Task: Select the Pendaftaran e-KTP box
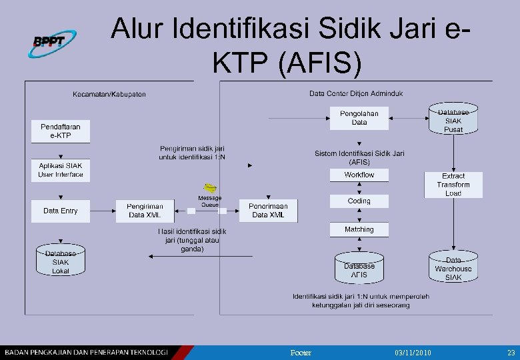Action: [60, 131]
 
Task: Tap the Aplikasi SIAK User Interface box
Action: [60, 170]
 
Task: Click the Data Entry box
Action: [60, 211]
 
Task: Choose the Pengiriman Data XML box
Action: [144, 211]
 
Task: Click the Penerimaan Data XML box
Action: [268, 211]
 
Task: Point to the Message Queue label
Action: [210, 201]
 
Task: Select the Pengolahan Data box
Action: [359, 119]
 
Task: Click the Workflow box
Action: [359, 175]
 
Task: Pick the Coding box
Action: [359, 201]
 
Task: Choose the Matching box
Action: [359, 229]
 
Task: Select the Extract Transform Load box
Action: [453, 185]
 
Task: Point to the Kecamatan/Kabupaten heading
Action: [109, 94]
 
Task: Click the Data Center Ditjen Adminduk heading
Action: [356, 93]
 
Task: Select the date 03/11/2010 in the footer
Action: [413, 351]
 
